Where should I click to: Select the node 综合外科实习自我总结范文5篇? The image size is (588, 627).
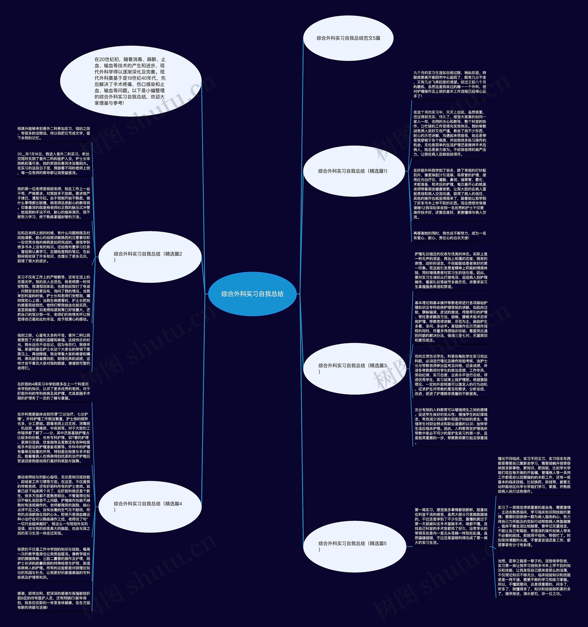pyautogui.click(x=348, y=38)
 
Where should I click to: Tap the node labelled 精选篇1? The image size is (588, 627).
pyautogui.click(x=353, y=171)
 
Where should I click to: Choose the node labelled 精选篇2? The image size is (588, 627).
pyautogui.click(x=150, y=256)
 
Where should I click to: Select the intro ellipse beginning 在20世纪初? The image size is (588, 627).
pyautogui.click(x=130, y=81)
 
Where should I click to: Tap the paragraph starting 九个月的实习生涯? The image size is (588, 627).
pyautogui.click(x=449, y=84)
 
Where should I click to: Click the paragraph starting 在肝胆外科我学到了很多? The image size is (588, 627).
pyautogui.click(x=449, y=194)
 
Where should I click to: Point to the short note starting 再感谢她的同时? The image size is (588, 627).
pyautogui.click(x=449, y=236)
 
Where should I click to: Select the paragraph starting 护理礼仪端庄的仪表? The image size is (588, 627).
pyautogui.click(x=451, y=270)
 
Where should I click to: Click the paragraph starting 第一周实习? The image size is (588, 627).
pyautogui.click(x=451, y=526)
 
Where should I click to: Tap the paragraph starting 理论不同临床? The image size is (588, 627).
pyautogui.click(x=534, y=475)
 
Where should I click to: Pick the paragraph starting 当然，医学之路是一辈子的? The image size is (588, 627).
pyautogui.click(x=534, y=577)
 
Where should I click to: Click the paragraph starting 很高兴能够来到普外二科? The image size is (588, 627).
pyautogui.click(x=54, y=133)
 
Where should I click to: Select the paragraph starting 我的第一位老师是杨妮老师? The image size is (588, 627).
pyautogui.click(x=54, y=203)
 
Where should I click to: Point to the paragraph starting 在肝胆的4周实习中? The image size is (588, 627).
pyautogui.click(x=54, y=391)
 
